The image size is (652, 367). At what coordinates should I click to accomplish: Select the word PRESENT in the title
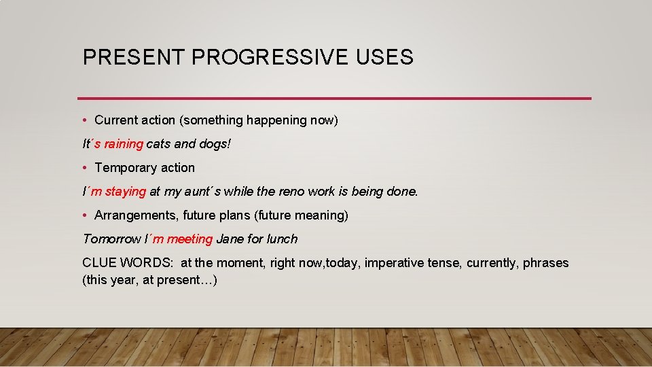(134, 57)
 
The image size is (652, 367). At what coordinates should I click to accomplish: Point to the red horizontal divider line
(334, 99)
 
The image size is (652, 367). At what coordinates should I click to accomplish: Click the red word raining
(124, 144)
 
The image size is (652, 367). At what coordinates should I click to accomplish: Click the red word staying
(126, 192)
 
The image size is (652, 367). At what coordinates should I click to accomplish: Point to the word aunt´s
(203, 192)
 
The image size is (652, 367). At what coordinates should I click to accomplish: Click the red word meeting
(189, 239)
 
